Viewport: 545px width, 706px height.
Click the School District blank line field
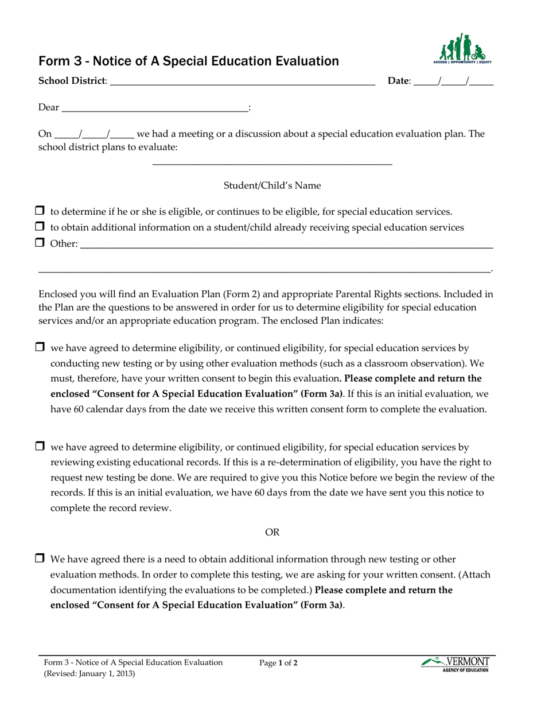tap(241, 82)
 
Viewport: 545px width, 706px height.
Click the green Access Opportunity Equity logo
tap(462, 49)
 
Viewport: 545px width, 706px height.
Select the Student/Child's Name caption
tap(272, 185)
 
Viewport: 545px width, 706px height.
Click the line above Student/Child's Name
tap(272, 165)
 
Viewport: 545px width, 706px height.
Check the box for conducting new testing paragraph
tap(40, 347)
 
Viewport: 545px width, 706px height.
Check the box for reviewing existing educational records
tap(40, 446)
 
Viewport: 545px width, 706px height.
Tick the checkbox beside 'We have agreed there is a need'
tap(40, 558)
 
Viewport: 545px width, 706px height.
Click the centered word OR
tap(272, 533)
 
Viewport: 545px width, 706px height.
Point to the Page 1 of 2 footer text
tap(278, 663)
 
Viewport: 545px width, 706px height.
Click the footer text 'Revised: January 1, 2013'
tap(89, 674)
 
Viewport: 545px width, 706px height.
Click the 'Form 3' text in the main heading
tap(57, 61)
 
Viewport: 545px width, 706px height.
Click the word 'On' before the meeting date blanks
tap(45, 134)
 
